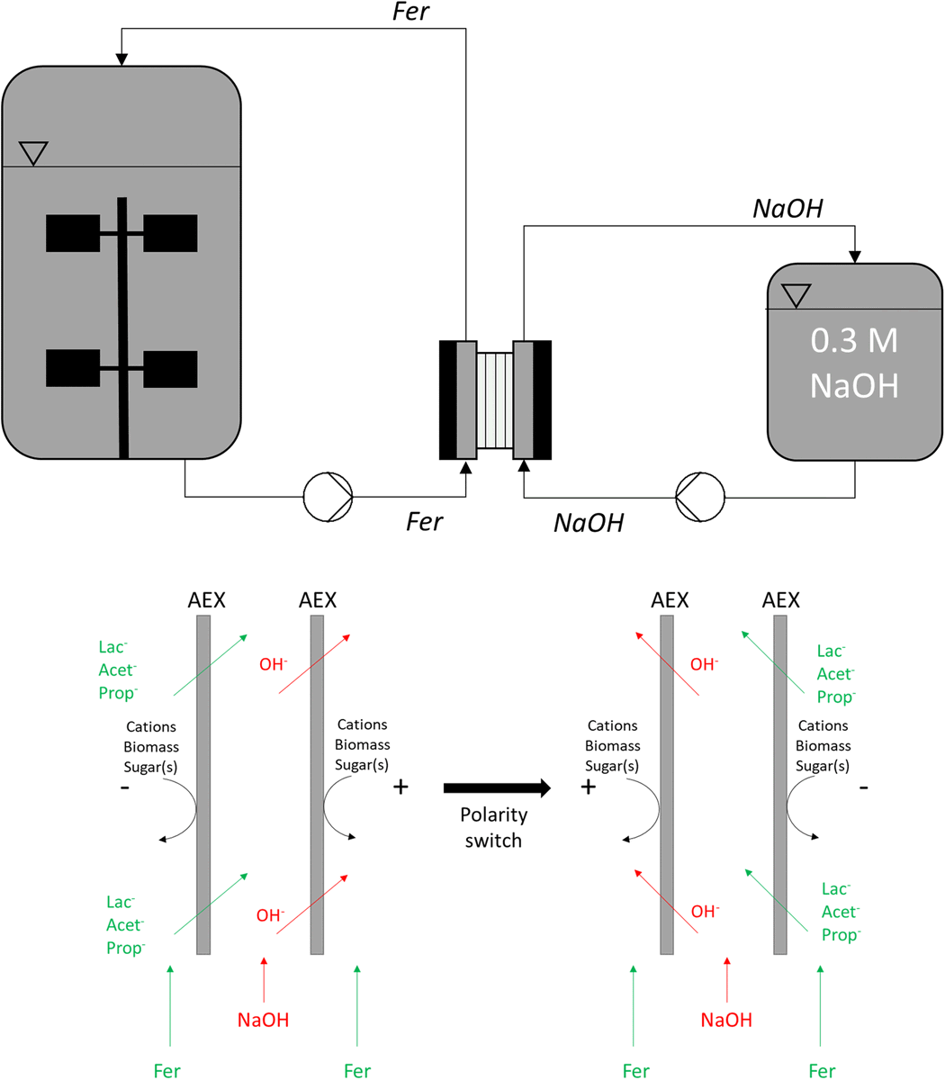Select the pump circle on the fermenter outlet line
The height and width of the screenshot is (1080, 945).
tap(328, 496)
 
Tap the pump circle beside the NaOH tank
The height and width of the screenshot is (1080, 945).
tap(700, 496)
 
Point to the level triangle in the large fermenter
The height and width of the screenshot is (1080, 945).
tap(32, 153)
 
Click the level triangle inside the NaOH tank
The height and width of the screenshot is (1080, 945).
tap(796, 295)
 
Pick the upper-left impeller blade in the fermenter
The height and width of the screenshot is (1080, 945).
tap(73, 233)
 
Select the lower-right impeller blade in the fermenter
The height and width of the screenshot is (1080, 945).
tap(170, 368)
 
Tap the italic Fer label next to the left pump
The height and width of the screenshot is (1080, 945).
tap(424, 522)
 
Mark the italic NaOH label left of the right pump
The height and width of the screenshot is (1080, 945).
tap(589, 522)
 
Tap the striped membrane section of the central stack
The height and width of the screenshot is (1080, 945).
tap(494, 399)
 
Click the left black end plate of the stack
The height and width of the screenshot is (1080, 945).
tap(447, 399)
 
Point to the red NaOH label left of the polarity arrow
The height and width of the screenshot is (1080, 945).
tap(263, 1020)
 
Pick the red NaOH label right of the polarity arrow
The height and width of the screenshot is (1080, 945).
tap(726, 1020)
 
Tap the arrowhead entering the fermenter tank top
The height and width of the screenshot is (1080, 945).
tap(121, 58)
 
